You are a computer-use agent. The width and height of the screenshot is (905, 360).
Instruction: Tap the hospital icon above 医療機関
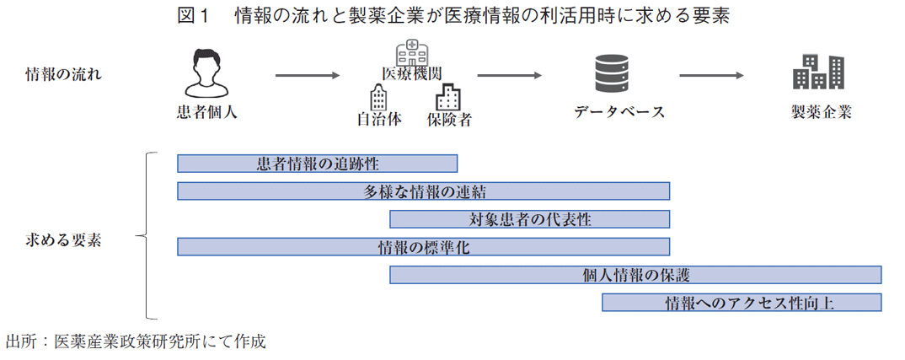[x=411, y=52]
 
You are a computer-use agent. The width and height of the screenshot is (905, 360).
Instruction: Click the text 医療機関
[x=412, y=73]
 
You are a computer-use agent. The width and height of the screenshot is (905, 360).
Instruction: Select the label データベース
[x=619, y=112]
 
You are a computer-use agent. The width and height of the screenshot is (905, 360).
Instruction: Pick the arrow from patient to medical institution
[x=308, y=75]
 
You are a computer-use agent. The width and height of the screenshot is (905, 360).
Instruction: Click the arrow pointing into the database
[x=509, y=75]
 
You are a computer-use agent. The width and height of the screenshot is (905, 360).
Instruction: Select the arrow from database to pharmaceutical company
[x=711, y=75]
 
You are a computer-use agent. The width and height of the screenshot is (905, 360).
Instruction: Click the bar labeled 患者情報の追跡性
[x=317, y=164]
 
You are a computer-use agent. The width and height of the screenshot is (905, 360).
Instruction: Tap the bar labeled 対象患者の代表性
[x=529, y=219]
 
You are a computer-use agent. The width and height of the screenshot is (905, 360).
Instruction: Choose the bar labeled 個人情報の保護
[x=635, y=275]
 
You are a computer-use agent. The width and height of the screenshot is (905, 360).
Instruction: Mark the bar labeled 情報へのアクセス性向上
[x=742, y=303]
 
